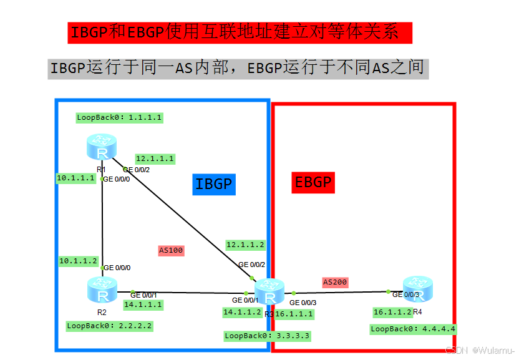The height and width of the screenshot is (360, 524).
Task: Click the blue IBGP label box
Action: [x=214, y=184]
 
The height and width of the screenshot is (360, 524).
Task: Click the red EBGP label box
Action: [x=313, y=182]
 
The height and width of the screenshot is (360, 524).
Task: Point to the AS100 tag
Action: [x=172, y=250]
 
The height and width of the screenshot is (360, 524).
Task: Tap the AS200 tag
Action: [x=335, y=282]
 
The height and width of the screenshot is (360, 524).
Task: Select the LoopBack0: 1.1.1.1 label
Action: [x=119, y=117]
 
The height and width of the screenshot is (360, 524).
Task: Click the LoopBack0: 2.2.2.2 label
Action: [x=110, y=326]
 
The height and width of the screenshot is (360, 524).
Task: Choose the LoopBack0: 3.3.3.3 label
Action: [x=267, y=336]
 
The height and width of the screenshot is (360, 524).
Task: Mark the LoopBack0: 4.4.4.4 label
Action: [x=413, y=329]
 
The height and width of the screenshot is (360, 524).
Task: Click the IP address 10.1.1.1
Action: [x=76, y=178]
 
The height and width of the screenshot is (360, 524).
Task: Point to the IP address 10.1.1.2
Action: [x=79, y=261]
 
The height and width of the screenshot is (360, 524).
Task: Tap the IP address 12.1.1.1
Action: [x=155, y=158]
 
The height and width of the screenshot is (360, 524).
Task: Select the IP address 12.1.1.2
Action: [x=245, y=245]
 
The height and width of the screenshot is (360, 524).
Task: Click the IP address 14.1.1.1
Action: [x=143, y=304]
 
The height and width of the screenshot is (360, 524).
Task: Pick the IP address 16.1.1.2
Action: [x=392, y=312]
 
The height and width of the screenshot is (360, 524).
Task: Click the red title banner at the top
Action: [x=240, y=33]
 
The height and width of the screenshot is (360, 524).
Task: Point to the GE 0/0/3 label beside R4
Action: [x=405, y=294]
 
